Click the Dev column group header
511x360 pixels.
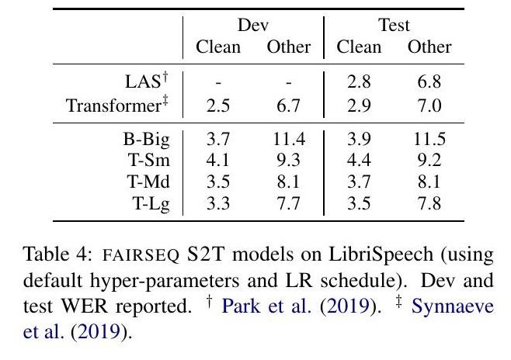pyautogui.click(x=252, y=26)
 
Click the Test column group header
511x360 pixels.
pyautogui.click(x=394, y=26)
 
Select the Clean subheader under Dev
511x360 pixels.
pyautogui.click(x=217, y=47)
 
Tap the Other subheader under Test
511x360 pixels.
pyautogui.click(x=429, y=47)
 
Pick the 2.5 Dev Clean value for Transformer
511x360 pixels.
pyautogui.click(x=217, y=104)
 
